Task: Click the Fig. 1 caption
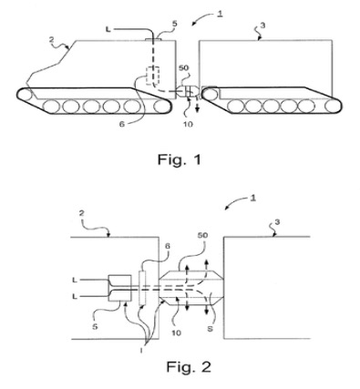(x=180, y=159)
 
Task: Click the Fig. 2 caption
(x=189, y=367)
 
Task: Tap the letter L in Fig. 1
(x=108, y=29)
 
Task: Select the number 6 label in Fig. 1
(x=122, y=124)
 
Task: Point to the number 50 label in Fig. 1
(x=184, y=67)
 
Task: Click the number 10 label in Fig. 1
(x=189, y=124)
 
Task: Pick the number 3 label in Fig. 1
(x=262, y=26)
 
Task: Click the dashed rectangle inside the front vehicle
(x=152, y=76)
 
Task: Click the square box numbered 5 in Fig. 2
(x=120, y=288)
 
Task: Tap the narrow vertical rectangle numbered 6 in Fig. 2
(x=142, y=287)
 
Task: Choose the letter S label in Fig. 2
(x=210, y=328)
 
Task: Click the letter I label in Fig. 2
(x=141, y=350)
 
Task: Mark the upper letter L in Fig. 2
(x=75, y=280)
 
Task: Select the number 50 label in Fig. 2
(x=202, y=235)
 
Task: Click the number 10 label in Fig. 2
(x=176, y=333)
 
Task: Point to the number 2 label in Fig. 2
(x=81, y=213)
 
